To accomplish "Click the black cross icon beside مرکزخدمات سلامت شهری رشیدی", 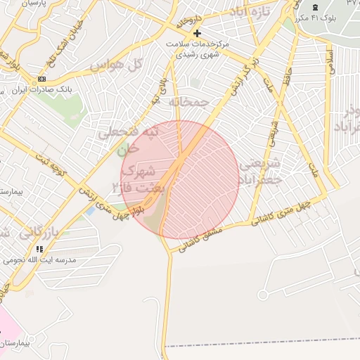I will click(x=197, y=32).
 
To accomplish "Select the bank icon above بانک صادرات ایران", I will click(x=41, y=79).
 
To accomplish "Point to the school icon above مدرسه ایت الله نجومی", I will click(x=39, y=249).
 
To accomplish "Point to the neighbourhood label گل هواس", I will click(x=116, y=66).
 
